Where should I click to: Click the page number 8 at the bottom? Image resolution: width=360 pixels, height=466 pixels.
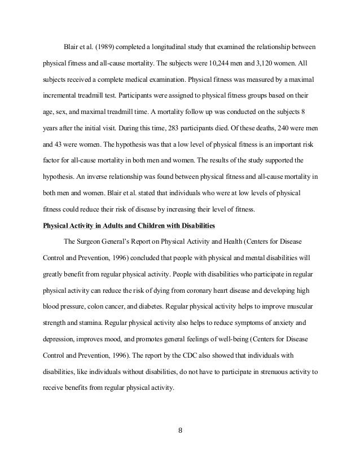(x=180, y=433)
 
